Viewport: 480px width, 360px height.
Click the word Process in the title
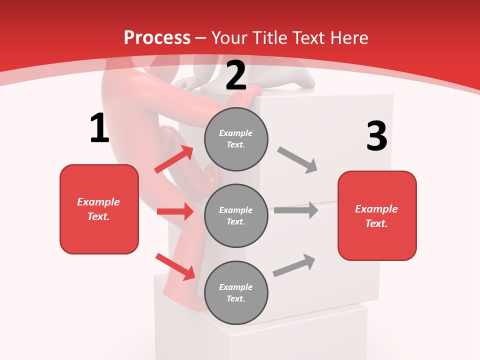pos(157,37)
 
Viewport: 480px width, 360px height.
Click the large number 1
pos(99,128)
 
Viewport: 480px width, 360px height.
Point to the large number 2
pos(236,75)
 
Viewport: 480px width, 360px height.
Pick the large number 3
pos(376,136)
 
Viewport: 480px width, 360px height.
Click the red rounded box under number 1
pos(99,209)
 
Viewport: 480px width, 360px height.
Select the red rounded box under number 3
pos(377,215)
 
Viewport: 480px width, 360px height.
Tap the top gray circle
pos(236,139)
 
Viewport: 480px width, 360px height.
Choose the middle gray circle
pos(236,215)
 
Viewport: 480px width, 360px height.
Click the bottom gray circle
pos(236,292)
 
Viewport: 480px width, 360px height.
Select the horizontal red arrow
pos(175,211)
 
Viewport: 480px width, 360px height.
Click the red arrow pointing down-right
pos(175,266)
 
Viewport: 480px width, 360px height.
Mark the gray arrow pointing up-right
pos(294,265)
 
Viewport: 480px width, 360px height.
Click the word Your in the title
pos(230,37)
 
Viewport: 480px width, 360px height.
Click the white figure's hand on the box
pos(189,83)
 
